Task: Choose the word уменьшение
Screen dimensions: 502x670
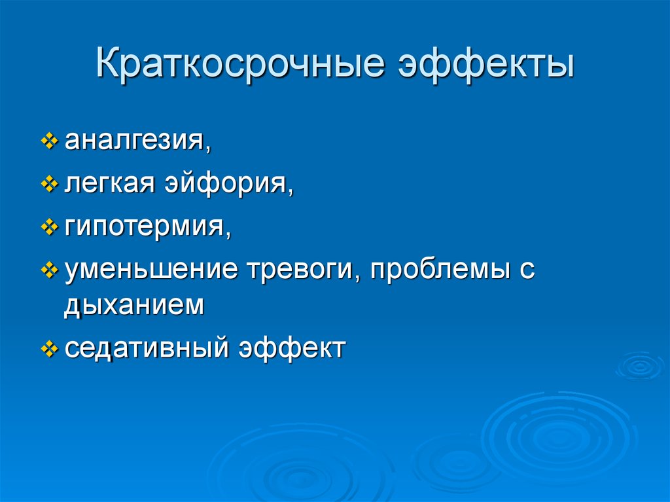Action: pos(152,270)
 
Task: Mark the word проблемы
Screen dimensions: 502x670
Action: pos(438,270)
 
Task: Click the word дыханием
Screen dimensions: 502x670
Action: pos(134,306)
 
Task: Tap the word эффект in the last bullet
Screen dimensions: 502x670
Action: pos(291,348)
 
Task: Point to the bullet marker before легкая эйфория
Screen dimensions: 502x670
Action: pos(50,187)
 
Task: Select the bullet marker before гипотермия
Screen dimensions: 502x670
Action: pos(50,229)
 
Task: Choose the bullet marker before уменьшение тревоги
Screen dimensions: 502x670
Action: pos(50,270)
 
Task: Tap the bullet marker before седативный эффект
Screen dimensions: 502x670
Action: pos(50,348)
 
